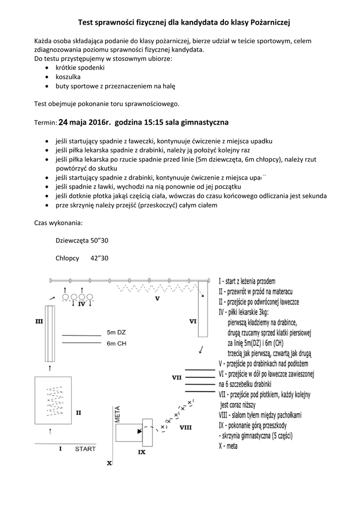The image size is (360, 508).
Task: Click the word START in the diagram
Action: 85,449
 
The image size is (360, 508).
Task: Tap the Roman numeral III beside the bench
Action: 39,321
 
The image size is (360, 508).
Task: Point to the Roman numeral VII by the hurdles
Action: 176,378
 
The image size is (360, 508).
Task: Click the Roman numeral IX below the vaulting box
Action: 142,452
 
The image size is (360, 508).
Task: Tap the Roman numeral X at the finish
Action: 109,463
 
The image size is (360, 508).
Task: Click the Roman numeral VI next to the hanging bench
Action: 193,321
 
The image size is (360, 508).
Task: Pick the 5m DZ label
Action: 117,332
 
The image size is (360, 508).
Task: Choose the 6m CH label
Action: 117,343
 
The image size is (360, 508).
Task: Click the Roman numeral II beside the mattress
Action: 78,412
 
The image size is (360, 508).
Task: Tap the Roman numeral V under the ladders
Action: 157,299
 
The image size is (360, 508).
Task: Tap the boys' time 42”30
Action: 99,258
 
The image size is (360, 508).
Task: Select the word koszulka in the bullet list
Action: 68,77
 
